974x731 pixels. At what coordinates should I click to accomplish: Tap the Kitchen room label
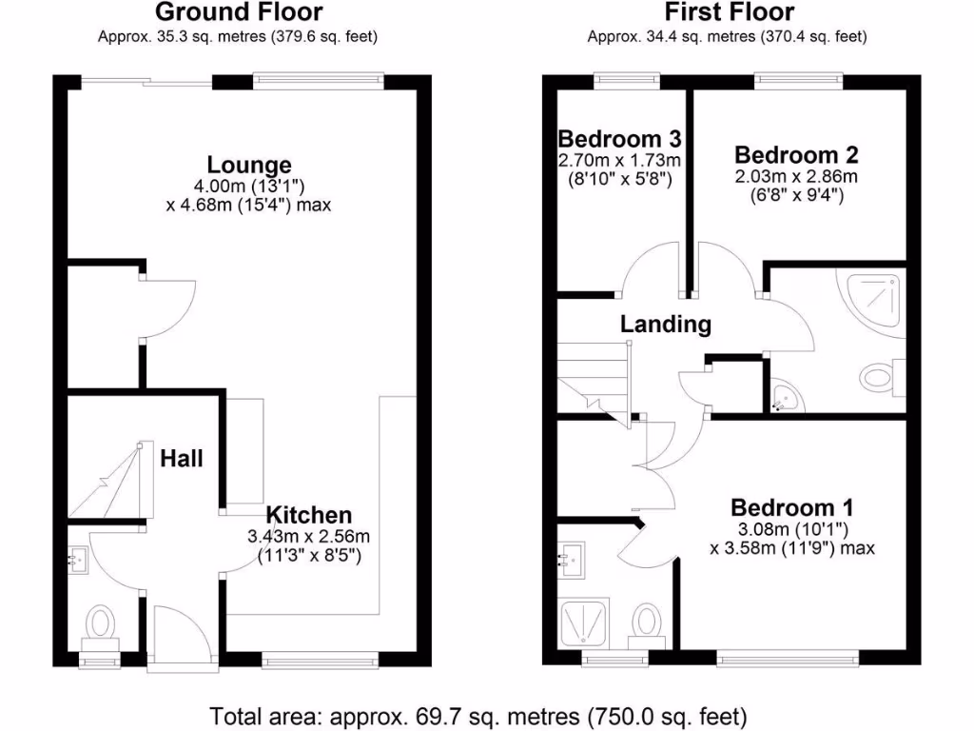click(308, 515)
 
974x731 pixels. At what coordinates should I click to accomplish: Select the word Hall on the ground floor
click(181, 458)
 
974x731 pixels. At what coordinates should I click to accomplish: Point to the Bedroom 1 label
click(791, 506)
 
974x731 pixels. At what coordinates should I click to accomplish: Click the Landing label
click(666, 324)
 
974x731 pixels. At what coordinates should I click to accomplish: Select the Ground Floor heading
click(238, 12)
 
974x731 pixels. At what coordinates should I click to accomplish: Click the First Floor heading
click(729, 12)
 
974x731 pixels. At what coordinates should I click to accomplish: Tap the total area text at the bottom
click(477, 714)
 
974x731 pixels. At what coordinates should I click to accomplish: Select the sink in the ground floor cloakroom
click(79, 560)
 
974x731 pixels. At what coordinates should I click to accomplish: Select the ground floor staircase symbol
click(110, 481)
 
